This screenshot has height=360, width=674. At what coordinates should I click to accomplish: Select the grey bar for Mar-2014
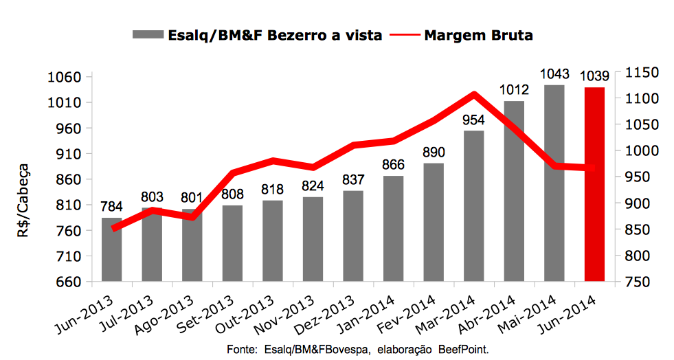[x=473, y=205]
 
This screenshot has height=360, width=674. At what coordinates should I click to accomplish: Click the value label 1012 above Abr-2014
[x=514, y=90]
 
